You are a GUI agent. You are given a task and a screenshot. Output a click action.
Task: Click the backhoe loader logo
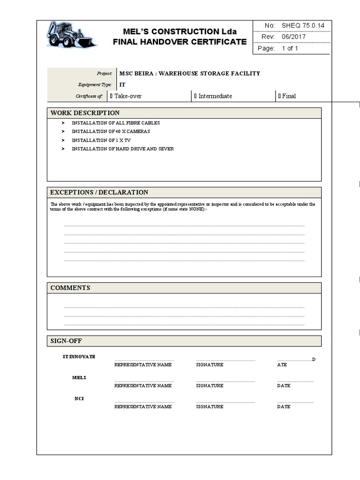(x=71, y=35)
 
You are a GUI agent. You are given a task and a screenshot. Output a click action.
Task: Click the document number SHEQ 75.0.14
(x=303, y=26)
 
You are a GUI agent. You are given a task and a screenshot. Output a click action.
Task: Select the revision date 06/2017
(x=293, y=37)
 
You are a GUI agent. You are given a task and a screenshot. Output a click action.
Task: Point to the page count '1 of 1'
(x=290, y=48)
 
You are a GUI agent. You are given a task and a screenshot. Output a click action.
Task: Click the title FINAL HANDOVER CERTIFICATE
(x=180, y=42)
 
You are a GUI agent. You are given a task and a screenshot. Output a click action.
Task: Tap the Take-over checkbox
(x=111, y=96)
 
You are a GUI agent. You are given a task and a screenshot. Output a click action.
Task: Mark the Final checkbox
(x=279, y=96)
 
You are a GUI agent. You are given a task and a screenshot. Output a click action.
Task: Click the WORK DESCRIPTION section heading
(x=85, y=113)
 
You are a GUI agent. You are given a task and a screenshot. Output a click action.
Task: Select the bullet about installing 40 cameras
(x=111, y=132)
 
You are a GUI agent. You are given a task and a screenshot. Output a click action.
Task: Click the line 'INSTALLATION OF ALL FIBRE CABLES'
(x=115, y=123)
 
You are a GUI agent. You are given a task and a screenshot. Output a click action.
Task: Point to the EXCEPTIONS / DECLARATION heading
(x=99, y=192)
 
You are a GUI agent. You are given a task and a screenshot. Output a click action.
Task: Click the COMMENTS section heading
(x=70, y=288)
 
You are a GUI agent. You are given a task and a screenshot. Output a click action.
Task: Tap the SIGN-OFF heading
(x=66, y=341)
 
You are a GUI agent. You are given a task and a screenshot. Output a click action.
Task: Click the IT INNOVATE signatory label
(x=79, y=357)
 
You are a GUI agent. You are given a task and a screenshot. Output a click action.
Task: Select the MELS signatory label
(x=79, y=377)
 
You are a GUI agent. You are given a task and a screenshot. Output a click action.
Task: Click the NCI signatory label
(x=79, y=398)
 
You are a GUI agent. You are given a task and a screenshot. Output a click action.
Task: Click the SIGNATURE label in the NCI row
(x=210, y=407)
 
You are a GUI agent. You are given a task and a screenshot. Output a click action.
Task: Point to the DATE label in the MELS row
(x=284, y=386)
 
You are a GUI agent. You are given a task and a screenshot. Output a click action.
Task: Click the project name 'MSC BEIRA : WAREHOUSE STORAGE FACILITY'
(x=189, y=74)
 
